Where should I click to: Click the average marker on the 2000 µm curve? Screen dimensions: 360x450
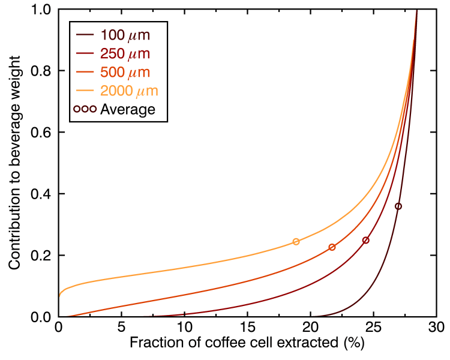tap(296, 242)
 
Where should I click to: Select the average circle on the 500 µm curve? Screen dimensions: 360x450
tap(332, 247)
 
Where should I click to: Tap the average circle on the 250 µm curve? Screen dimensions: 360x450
tap(366, 240)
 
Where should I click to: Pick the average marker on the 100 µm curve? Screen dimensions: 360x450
tap(398, 206)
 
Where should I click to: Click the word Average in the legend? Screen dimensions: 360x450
tap(128, 110)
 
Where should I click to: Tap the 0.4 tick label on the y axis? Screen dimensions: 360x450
tap(42, 194)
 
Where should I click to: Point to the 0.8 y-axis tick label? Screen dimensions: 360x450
tap(42, 71)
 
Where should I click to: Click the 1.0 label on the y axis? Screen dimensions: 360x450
tap(42, 10)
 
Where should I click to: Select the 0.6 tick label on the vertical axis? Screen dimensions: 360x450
tap(42, 133)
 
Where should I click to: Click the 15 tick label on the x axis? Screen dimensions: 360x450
tap(247, 328)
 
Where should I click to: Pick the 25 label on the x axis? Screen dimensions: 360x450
tap(373, 328)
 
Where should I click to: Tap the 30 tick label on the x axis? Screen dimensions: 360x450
tap(436, 328)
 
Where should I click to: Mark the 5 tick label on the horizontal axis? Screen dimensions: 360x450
tap(121, 328)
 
